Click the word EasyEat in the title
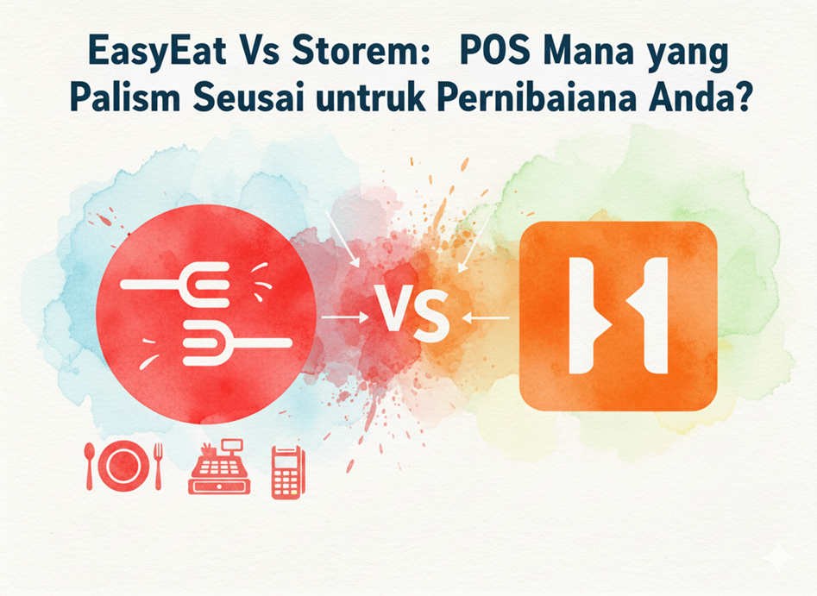[x=158, y=52]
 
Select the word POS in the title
[x=494, y=51]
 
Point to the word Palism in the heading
[x=125, y=97]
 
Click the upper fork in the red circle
[x=175, y=285]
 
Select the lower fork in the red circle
[x=237, y=342]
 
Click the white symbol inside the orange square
[x=618, y=315]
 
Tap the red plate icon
[x=123, y=466]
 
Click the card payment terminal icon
[x=287, y=473]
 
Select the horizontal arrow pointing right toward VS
[x=345, y=317]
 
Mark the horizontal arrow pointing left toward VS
[x=486, y=317]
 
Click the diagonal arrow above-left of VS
[x=343, y=239]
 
